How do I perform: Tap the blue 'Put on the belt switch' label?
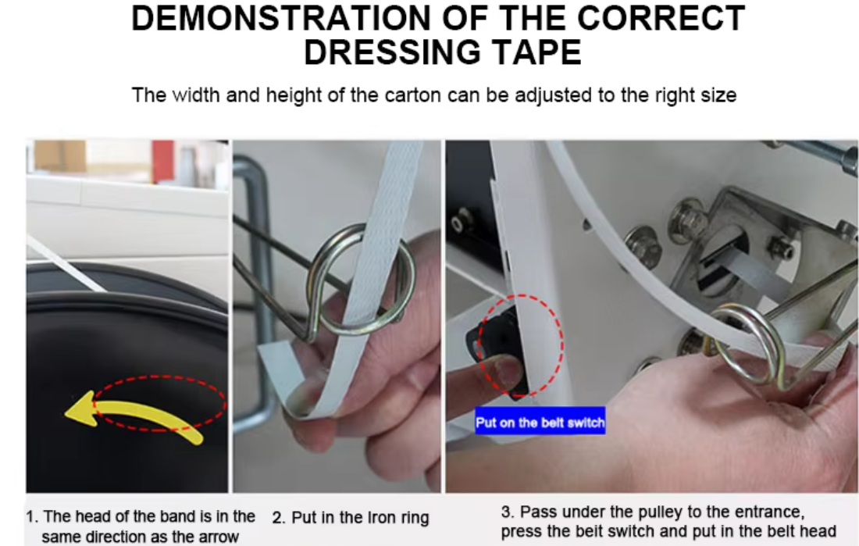540,423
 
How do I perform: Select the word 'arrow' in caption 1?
216,537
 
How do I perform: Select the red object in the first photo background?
162,159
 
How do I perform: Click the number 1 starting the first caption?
31,517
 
